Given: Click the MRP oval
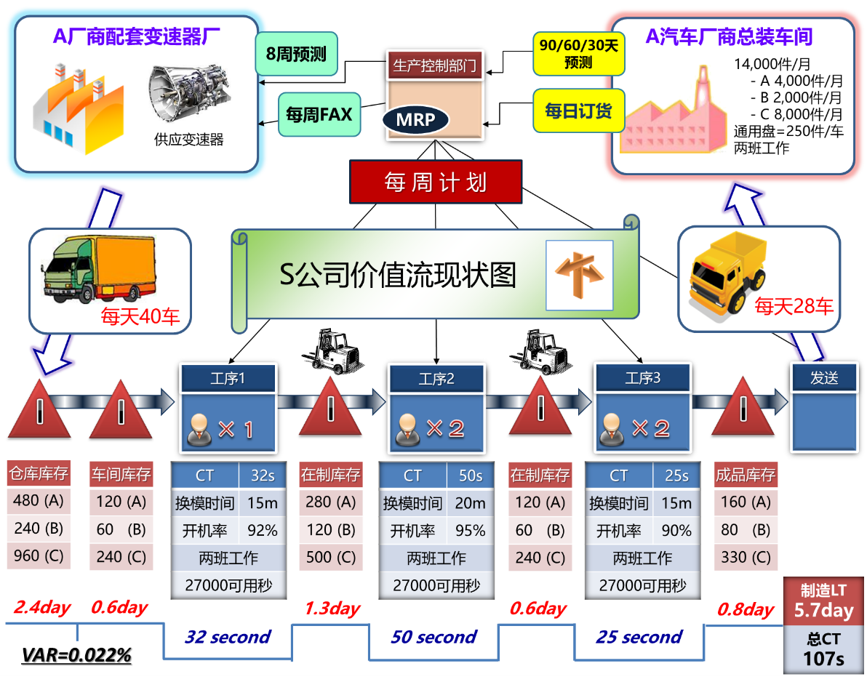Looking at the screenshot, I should (x=415, y=119).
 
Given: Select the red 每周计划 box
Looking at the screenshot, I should (x=436, y=181).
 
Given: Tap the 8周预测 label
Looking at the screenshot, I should (x=297, y=54).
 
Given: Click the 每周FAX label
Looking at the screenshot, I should (x=319, y=115).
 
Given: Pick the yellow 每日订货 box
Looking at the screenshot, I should (x=578, y=111).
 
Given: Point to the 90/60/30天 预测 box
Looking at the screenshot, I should (x=578, y=54).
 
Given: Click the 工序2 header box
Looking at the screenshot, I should (x=436, y=379).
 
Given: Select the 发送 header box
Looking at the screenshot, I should (x=824, y=377).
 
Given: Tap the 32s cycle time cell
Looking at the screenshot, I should (x=262, y=476).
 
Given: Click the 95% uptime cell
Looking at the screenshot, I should (x=470, y=531).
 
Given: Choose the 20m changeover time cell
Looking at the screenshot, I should (x=470, y=503).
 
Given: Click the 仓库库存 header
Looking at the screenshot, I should (x=39, y=475).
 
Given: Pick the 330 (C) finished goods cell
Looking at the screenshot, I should (x=745, y=558).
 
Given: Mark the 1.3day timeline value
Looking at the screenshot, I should (x=332, y=609).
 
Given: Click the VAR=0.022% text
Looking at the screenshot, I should (x=76, y=655).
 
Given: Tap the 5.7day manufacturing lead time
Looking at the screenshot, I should (x=823, y=611).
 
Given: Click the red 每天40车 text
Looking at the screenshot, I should (x=140, y=317).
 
